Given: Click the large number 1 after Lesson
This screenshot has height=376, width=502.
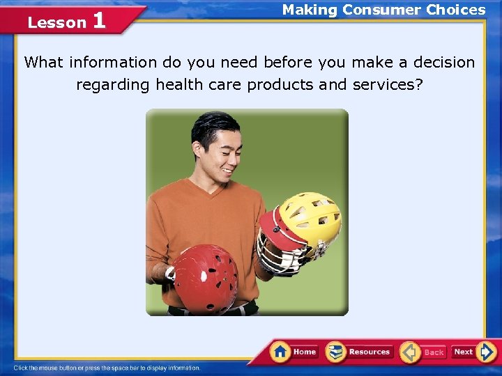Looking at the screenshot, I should tap(99, 20).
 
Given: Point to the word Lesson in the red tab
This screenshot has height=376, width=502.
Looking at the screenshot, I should tap(56, 22).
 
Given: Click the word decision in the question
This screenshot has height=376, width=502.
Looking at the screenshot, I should tap(443, 62).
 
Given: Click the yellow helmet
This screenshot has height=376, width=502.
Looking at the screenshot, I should tap(311, 217).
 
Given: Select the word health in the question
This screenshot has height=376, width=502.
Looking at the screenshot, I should tap(179, 84).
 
